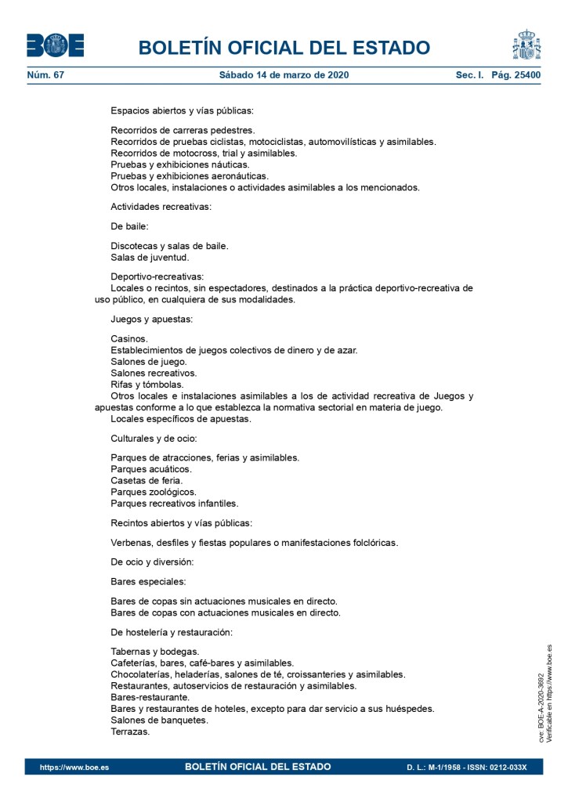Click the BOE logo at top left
[x=55, y=45]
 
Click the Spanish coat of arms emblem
[x=527, y=45]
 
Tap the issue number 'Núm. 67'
[x=45, y=75]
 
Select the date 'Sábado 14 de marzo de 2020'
[x=284, y=75]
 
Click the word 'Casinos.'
[x=129, y=338]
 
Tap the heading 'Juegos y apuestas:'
[x=152, y=319]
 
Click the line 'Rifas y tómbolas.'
[x=147, y=385]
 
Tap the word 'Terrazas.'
[x=130, y=732]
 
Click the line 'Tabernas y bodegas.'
[x=155, y=651]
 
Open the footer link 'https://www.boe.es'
[x=74, y=767]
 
